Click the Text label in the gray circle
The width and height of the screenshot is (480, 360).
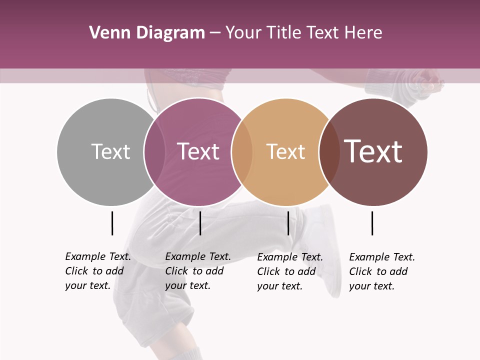(110, 151)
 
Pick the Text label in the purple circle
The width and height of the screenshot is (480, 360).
(198, 151)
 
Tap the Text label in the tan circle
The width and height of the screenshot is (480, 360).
(285, 151)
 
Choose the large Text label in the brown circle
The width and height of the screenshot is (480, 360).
(373, 151)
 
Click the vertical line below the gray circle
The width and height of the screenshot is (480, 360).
(112, 223)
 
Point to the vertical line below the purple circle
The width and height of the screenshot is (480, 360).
(200, 223)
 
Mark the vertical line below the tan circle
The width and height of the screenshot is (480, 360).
(288, 223)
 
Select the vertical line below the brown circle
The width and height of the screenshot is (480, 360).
(372, 223)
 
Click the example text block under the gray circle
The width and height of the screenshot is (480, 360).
(97, 271)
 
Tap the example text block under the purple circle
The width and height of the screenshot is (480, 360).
(197, 271)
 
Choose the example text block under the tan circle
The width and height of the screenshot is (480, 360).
(289, 271)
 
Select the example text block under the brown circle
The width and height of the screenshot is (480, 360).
(381, 271)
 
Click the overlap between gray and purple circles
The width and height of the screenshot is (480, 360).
(154, 151)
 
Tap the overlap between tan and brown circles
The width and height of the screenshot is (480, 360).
(329, 151)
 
